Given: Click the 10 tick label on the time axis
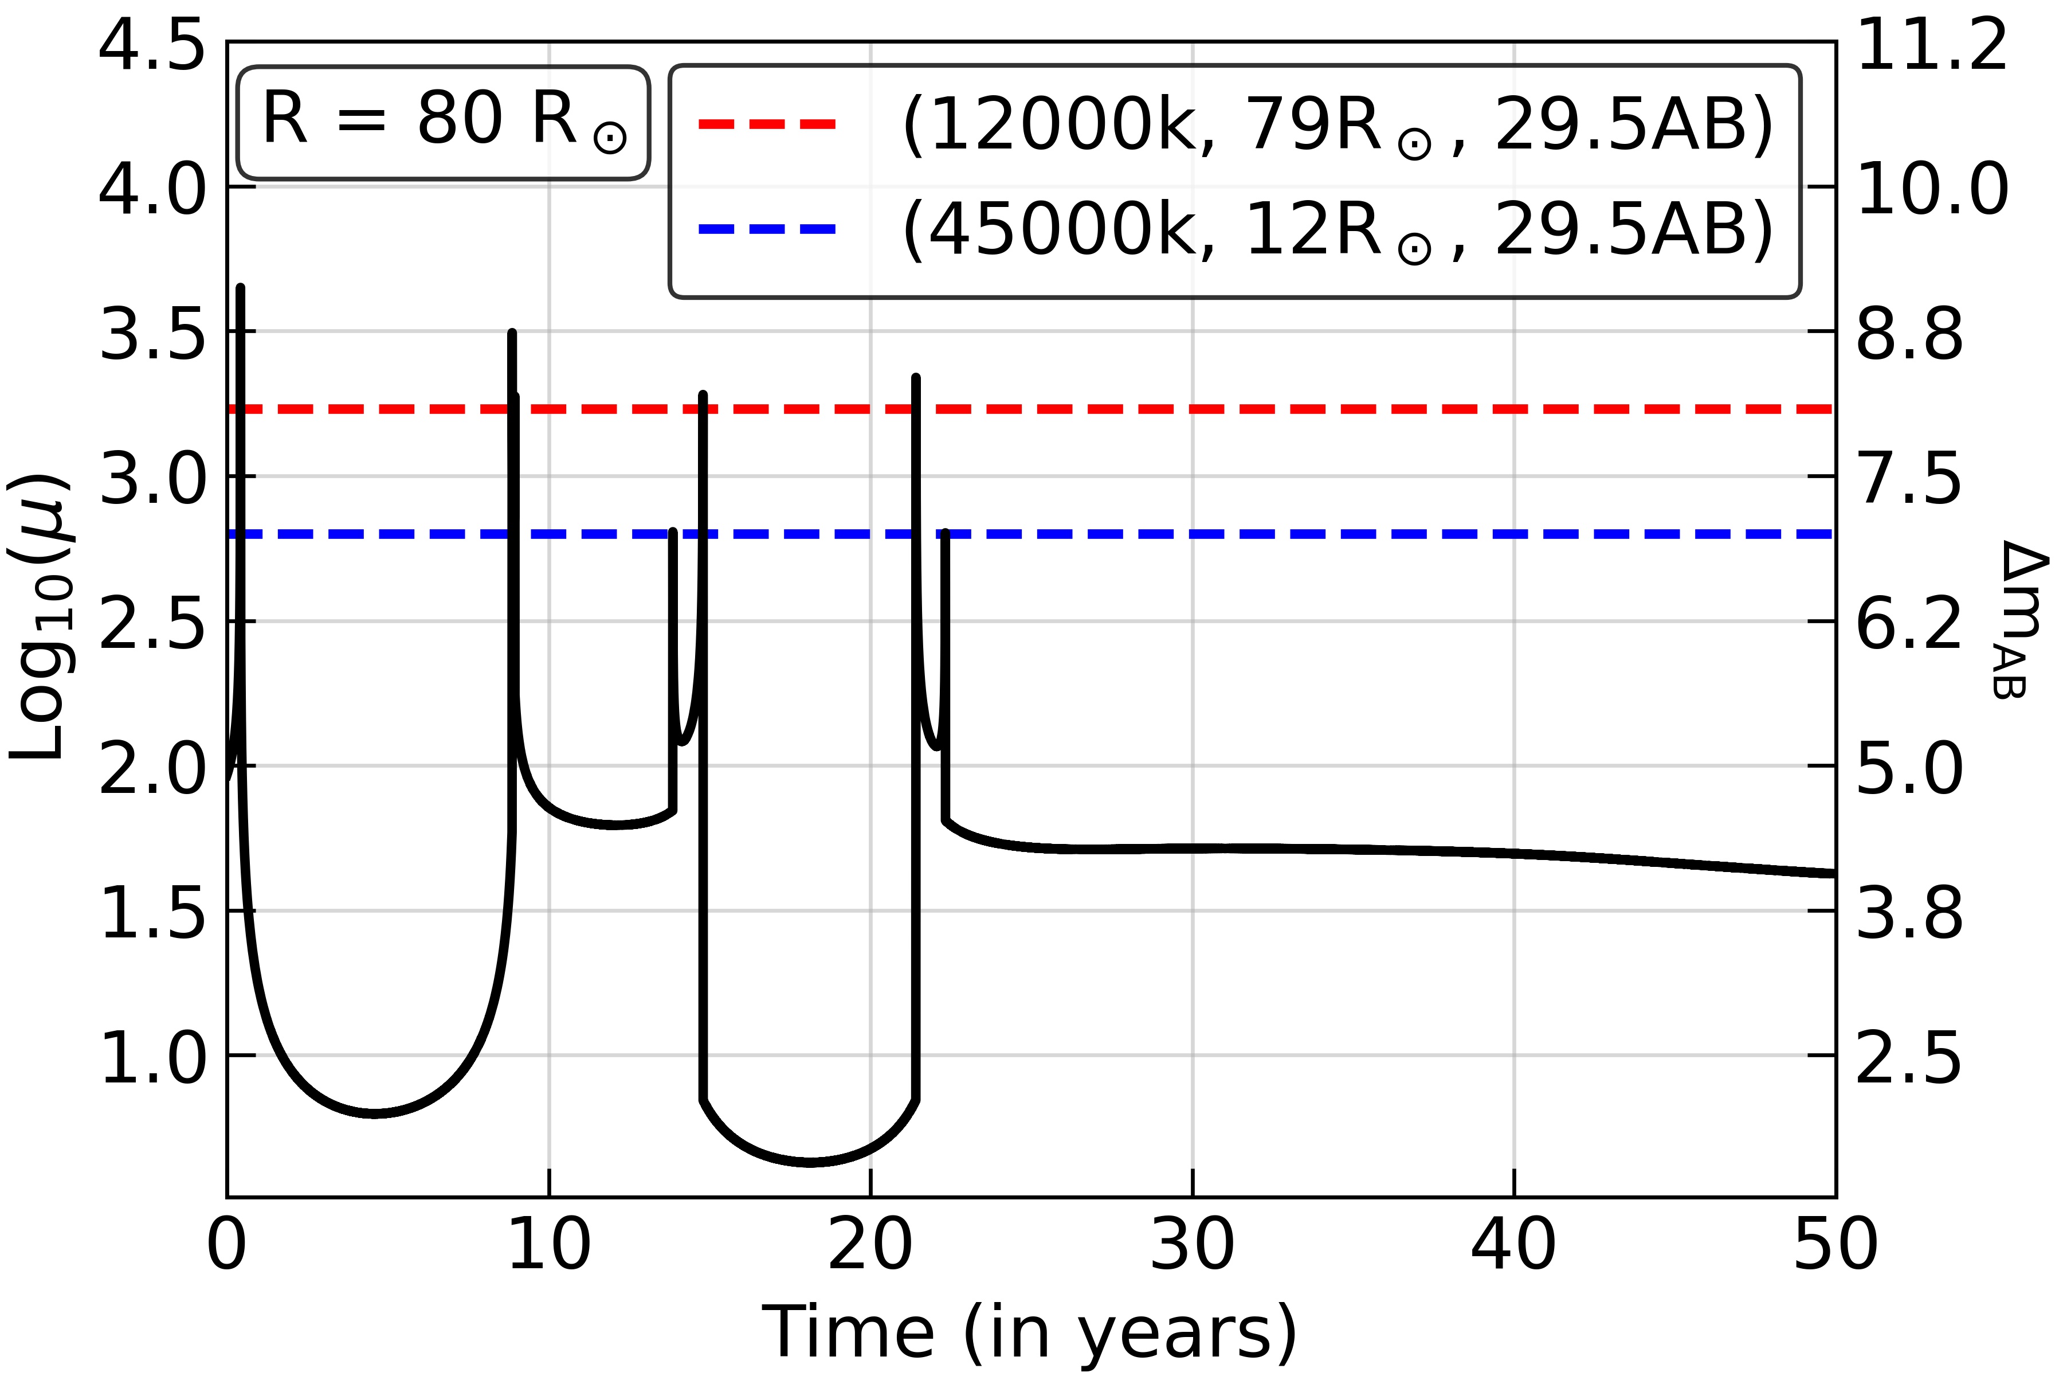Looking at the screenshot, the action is coord(549,1244).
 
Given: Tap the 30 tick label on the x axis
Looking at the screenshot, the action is coord(1192,1244).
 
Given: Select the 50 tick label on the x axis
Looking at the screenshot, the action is coord(1835,1244).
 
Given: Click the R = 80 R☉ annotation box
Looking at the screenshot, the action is coord(444,123).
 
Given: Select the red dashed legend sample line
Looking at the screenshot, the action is coord(767,124).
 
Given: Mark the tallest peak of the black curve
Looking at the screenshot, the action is coord(240,288).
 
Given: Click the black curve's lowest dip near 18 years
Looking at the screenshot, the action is coord(811,1162).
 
